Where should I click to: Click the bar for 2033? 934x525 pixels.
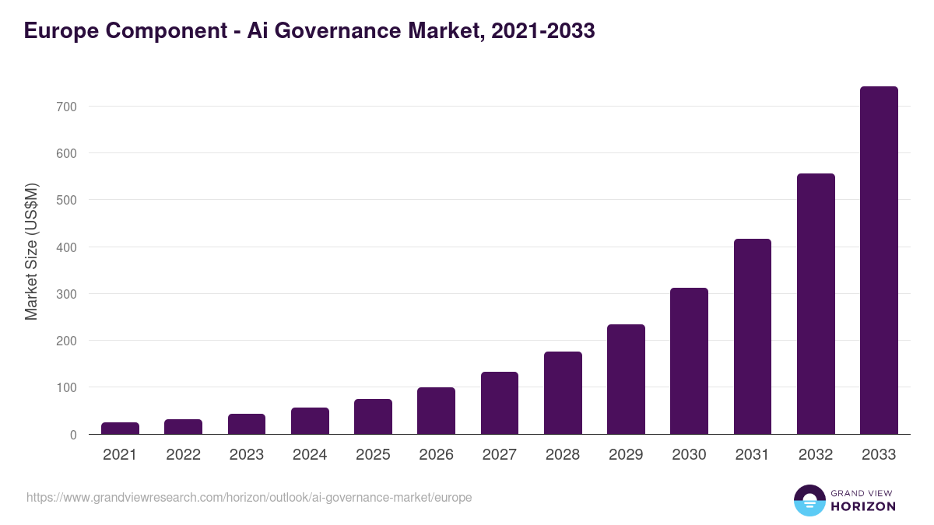879,261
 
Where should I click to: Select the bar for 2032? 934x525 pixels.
816,304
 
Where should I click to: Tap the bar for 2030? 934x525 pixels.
689,361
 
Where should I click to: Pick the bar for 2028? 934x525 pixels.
563,393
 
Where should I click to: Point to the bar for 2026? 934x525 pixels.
436,411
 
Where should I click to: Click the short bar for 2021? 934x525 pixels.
120,429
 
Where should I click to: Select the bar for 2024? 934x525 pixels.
310,421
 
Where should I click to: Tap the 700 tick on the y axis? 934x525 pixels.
66,107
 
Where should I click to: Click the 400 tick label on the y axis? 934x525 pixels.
66,247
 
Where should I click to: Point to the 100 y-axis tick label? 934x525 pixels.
66,388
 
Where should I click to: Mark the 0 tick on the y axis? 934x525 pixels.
73,435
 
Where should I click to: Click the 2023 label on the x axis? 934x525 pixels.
247,455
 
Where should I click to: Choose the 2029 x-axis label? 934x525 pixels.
626,455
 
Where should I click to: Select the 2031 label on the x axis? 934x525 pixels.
753,455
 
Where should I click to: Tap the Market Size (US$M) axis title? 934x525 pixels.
31,251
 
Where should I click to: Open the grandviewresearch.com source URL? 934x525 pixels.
249,497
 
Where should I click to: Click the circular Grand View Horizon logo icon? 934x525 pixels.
809,501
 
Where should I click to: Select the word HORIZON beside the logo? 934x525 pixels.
863,506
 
